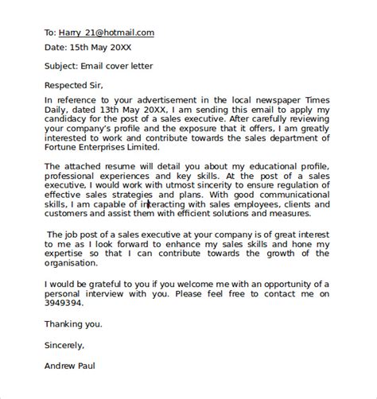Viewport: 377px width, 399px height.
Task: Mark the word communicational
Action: tap(312, 193)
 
